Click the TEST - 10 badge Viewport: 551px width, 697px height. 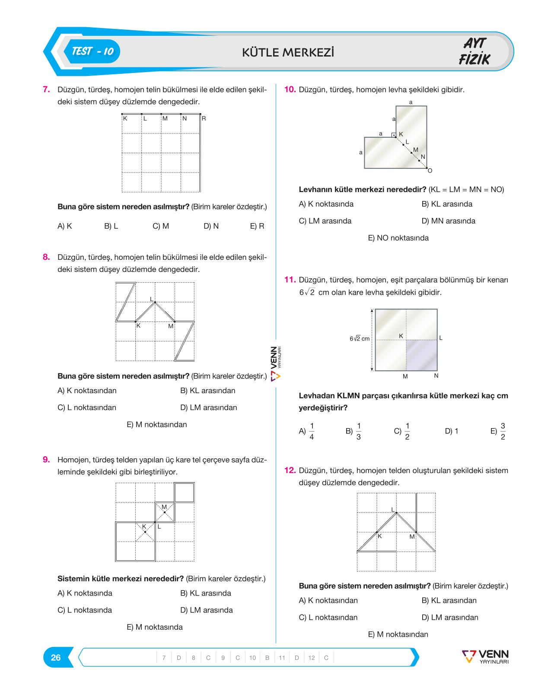[x=92, y=51]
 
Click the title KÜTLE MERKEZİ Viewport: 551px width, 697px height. [x=288, y=53]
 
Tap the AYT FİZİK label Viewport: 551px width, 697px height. [x=475, y=51]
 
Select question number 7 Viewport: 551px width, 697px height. [x=46, y=89]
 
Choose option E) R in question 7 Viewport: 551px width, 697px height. [x=257, y=226]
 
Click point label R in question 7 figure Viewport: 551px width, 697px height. [x=204, y=119]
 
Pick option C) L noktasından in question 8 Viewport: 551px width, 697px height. [x=86, y=407]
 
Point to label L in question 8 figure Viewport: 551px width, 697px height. [x=151, y=299]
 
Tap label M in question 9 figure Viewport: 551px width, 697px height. [x=164, y=507]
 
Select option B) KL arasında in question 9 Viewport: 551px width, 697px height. [x=206, y=593]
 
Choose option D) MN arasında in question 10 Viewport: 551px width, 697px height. [x=448, y=221]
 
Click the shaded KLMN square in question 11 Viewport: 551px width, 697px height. [x=421, y=355]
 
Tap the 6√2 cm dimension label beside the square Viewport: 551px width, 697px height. [x=359, y=338]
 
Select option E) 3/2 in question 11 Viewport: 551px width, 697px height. [x=498, y=431]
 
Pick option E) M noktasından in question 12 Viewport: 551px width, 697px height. [x=398, y=634]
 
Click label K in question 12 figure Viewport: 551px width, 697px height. [x=380, y=536]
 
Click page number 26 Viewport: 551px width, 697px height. [x=56, y=657]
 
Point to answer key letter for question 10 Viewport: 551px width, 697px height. [x=267, y=658]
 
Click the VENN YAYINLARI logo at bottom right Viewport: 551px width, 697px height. [x=485, y=656]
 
